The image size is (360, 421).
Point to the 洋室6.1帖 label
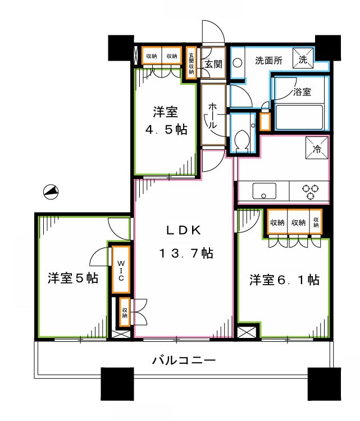click(285, 280)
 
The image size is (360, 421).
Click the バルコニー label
click(184, 360)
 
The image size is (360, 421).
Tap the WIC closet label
click(121, 270)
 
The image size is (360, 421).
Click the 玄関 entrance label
click(213, 63)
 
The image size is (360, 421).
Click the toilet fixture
click(244, 138)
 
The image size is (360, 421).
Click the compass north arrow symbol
click(51, 193)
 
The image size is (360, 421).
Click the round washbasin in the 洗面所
click(237, 63)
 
